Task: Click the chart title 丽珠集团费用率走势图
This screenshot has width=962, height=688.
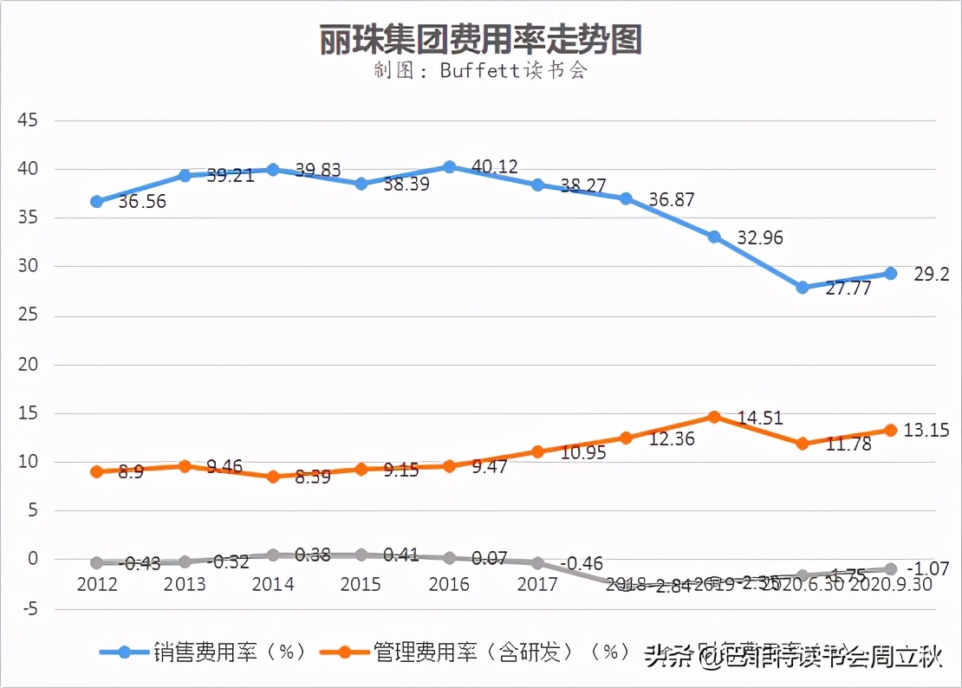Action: coord(480,39)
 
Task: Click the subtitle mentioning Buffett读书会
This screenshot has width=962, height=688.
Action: coord(480,70)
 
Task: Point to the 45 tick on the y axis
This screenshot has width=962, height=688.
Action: coord(28,120)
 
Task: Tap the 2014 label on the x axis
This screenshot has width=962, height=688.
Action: coord(273,585)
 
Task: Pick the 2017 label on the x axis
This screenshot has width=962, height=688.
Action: coord(537,585)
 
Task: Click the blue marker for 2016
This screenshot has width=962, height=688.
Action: coord(450,166)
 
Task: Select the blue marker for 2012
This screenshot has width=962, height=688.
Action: coord(97,201)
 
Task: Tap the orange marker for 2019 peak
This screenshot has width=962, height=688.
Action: coord(714,417)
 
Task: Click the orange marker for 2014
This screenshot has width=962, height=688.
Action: coord(273,477)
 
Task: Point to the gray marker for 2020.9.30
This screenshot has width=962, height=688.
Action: coord(891,568)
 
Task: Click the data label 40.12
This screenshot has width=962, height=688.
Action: coord(495,166)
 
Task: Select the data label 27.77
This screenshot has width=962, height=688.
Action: coord(848,289)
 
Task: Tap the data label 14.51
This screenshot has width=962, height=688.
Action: coord(759,419)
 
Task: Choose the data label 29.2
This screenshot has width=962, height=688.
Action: coord(932,275)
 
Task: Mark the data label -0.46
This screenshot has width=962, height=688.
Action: coord(582,564)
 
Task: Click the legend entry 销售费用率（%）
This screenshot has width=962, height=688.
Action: coord(204,652)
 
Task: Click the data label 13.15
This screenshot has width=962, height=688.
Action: coord(926,430)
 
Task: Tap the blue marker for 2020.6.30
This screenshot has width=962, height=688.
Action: coord(803,287)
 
